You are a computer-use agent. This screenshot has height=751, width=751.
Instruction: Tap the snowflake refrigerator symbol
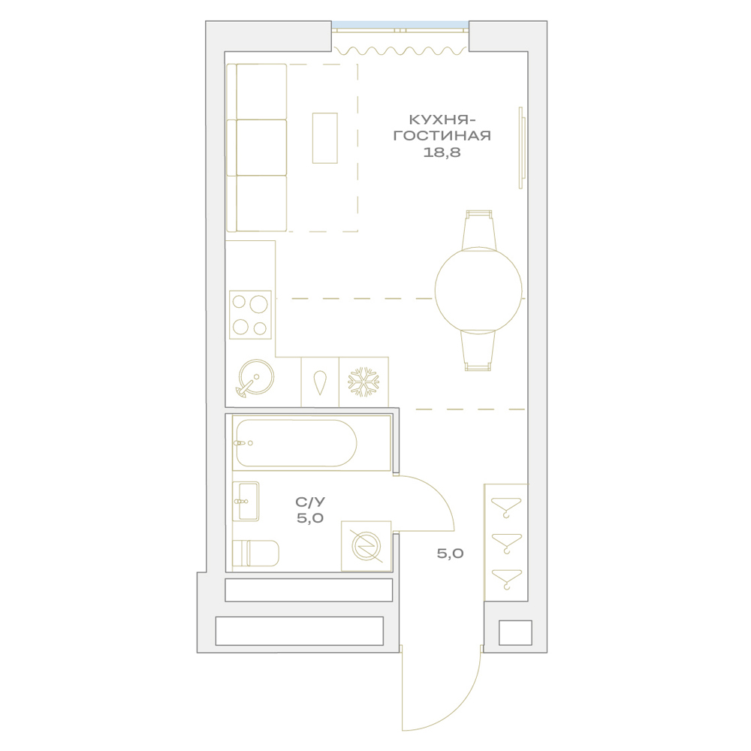(x=363, y=382)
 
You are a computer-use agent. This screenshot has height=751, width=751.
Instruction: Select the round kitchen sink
(x=256, y=378)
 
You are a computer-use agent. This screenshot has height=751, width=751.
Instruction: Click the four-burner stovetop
(x=250, y=315)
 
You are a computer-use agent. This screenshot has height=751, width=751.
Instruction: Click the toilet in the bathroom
(x=255, y=553)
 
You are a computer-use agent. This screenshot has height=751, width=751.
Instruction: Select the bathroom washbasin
(x=246, y=501)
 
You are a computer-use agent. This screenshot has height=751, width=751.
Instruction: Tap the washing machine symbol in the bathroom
(x=366, y=546)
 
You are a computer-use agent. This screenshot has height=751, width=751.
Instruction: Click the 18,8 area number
(x=442, y=152)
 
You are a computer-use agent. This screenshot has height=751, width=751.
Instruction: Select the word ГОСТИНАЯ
(x=442, y=135)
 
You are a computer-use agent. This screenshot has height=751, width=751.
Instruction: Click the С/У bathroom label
(x=310, y=502)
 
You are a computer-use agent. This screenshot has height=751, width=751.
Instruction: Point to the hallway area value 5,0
(x=450, y=553)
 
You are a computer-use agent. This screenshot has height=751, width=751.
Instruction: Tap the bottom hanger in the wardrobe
(x=506, y=579)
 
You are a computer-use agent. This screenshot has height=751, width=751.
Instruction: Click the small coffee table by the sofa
(x=324, y=138)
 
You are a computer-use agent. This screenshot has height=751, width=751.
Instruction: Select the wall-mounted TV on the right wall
(x=522, y=147)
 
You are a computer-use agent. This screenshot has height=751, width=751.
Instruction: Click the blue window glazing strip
(x=400, y=25)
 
